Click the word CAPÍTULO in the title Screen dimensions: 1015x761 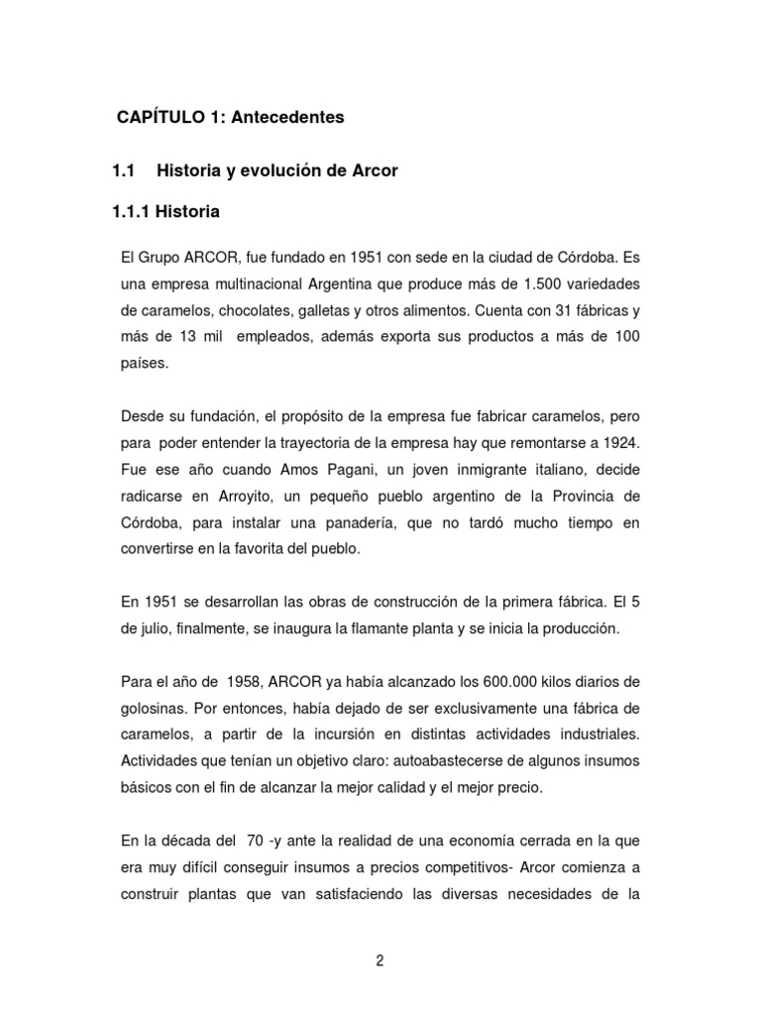click(x=162, y=117)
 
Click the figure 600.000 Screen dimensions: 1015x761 click(x=515, y=683)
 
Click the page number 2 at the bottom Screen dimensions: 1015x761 click(x=380, y=959)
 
